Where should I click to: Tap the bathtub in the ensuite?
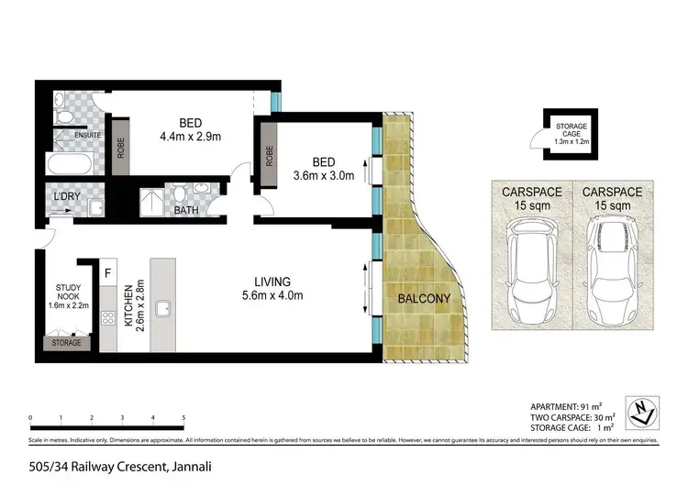coord(70,167)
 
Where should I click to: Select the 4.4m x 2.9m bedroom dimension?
coord(191,138)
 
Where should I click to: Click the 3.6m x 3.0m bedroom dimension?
coord(322,176)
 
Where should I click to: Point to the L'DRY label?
coord(67,197)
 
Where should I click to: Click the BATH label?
coord(186,211)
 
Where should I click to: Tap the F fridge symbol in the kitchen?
coord(108,272)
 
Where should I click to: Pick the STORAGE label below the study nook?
coord(67,342)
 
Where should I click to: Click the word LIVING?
coord(272,282)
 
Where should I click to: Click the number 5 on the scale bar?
coord(183,417)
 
